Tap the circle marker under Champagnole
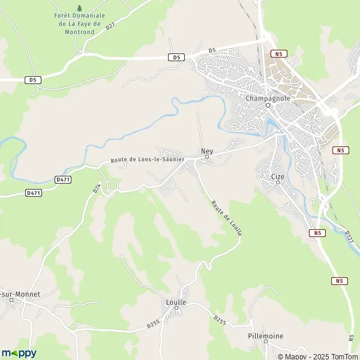[x=268, y=106]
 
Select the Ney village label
[x=207, y=151]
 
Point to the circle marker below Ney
[x=207, y=158]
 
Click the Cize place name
[x=277, y=176]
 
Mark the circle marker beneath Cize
[x=278, y=184]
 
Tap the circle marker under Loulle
[x=177, y=310]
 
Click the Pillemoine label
[x=265, y=336]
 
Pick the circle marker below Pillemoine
[x=265, y=344]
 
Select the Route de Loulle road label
[x=226, y=217]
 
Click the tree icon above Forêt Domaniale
[x=80, y=8]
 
